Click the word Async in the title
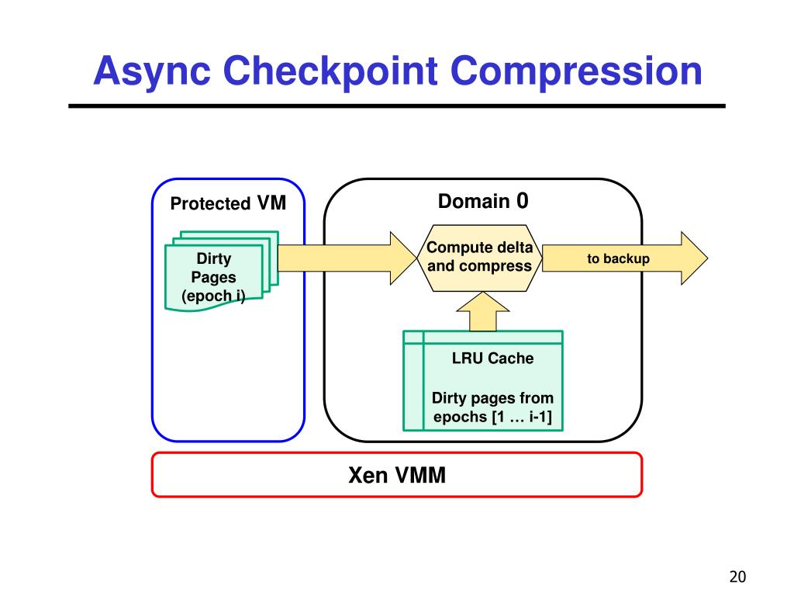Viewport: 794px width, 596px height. coord(152,72)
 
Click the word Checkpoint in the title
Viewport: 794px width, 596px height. coord(330,72)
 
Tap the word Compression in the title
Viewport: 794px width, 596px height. coord(576,71)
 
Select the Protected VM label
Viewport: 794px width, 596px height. coord(228,203)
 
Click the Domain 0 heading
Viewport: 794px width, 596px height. coord(483,201)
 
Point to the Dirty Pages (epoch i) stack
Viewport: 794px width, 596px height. coord(222,271)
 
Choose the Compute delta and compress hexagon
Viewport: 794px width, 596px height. coord(479,258)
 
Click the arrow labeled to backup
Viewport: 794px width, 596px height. coord(625,258)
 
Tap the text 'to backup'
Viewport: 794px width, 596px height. coord(618,258)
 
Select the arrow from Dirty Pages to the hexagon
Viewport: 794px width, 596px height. coord(347,258)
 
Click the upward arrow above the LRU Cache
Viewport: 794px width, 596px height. coord(483,311)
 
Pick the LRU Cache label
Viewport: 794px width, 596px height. coord(492,359)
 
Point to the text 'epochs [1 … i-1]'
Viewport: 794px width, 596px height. coord(492,417)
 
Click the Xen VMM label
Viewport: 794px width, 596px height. coord(397,476)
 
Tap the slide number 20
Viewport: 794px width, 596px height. coord(737,577)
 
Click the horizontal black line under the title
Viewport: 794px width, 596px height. coord(397,106)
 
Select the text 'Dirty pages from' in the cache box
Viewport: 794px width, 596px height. coord(492,398)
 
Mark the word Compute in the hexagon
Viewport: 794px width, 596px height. coord(459,248)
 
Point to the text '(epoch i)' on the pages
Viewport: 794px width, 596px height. coord(213,296)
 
